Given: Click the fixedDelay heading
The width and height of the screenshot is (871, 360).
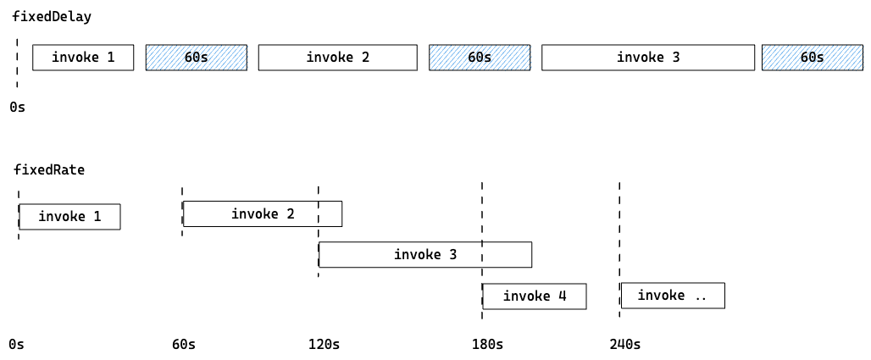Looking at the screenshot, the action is pyautogui.click(x=52, y=17).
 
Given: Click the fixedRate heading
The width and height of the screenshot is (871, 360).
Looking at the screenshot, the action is pyautogui.click(x=49, y=170).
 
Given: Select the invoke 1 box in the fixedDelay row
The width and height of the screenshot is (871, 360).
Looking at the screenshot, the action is pyautogui.click(x=83, y=58).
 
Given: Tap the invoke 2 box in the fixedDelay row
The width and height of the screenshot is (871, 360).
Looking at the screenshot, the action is pyautogui.click(x=338, y=58).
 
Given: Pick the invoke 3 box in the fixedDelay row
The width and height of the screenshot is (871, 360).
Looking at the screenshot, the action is pyautogui.click(x=648, y=58).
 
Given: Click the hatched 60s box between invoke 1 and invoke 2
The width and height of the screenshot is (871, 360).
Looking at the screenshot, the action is pyautogui.click(x=196, y=58).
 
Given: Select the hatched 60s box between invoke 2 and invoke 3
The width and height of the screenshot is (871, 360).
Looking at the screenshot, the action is pyautogui.click(x=480, y=58).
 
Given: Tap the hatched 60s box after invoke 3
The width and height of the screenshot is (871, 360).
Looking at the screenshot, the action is pyautogui.click(x=813, y=58).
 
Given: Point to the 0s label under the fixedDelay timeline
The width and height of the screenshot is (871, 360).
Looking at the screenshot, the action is pyautogui.click(x=17, y=108).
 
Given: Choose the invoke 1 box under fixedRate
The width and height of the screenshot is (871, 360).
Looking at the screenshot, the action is pyautogui.click(x=69, y=217).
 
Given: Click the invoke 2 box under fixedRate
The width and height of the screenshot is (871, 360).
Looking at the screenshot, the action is pyautogui.click(x=263, y=214).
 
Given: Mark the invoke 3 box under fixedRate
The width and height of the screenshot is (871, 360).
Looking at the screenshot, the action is pyautogui.click(x=425, y=254).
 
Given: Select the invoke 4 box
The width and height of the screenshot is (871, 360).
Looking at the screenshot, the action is pyautogui.click(x=535, y=296).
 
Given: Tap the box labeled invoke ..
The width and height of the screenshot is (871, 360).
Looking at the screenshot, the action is pyautogui.click(x=673, y=296).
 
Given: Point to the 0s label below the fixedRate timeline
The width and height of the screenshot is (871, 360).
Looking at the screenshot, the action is pyautogui.click(x=17, y=345).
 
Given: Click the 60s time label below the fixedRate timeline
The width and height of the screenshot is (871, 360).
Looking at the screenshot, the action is pyautogui.click(x=184, y=345).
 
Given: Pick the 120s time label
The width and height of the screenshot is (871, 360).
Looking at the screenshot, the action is pyautogui.click(x=324, y=345).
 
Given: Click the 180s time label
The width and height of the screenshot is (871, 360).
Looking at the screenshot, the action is pyautogui.click(x=488, y=345).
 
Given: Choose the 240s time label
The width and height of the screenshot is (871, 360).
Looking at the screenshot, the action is pyautogui.click(x=625, y=345).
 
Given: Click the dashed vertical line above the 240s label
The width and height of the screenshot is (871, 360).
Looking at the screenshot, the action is pyautogui.click(x=619, y=250).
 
